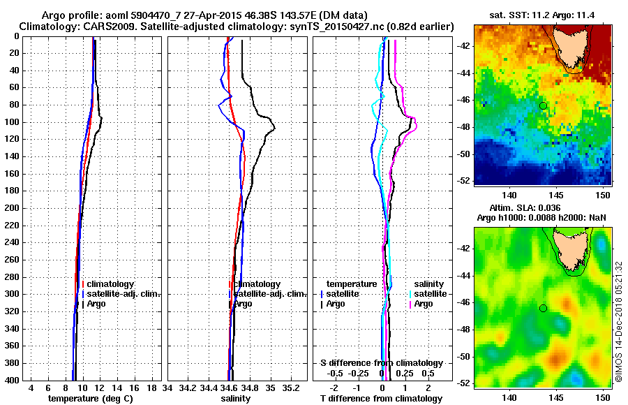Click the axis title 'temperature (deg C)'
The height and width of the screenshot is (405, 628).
pos(90,398)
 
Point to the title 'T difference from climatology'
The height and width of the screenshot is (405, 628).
pos(381,398)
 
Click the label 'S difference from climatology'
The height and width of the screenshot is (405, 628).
pos(382,363)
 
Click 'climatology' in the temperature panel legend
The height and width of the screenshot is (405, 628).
pos(110,284)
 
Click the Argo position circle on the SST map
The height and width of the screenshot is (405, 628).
pos(543,105)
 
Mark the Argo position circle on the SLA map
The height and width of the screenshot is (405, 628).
pos(543,308)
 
